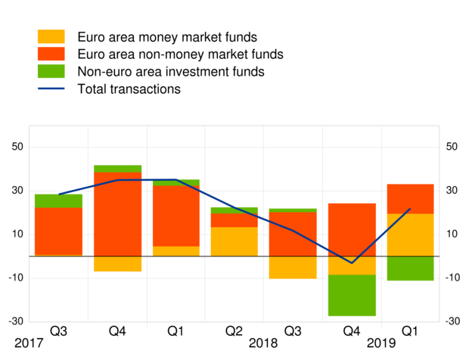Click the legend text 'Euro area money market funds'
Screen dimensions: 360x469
point(167,37)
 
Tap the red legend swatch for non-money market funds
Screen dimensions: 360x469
point(51,54)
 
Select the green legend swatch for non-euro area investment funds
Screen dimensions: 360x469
point(51,73)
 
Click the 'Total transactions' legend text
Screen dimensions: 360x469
point(129,89)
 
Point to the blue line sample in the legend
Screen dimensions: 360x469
point(51,89)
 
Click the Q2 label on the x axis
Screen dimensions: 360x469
point(234,331)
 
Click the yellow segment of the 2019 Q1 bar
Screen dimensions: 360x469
point(409,234)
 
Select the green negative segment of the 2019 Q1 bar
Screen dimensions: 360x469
point(409,268)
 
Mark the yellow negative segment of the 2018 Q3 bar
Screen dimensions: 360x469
point(293,267)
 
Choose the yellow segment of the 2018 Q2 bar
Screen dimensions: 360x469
point(234,241)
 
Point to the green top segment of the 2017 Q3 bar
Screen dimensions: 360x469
point(58,200)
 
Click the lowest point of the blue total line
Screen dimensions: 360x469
point(351,263)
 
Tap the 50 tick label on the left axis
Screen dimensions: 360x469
point(15,147)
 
